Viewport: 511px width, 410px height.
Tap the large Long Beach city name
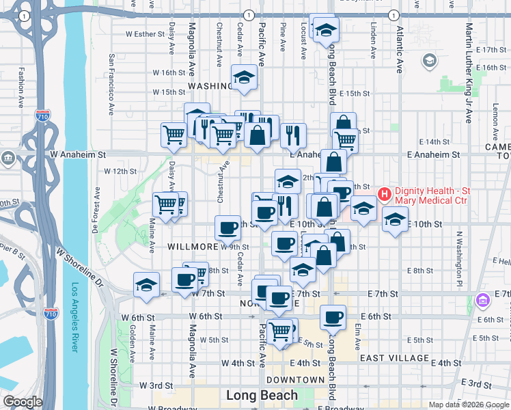tap(262, 395)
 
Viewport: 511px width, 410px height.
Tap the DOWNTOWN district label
tap(295, 379)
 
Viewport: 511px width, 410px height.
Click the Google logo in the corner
tap(23, 402)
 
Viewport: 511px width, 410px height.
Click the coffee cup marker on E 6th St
tap(333, 317)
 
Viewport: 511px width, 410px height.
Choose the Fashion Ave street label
tap(22, 81)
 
